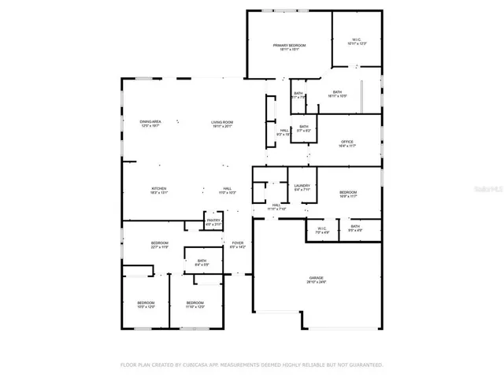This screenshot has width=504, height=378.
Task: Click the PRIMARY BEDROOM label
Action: click(x=289, y=46)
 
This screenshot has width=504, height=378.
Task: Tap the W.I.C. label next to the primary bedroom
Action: click(x=357, y=39)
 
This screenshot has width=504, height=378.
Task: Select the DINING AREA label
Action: click(x=150, y=121)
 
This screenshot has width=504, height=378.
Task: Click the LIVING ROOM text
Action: click(x=222, y=121)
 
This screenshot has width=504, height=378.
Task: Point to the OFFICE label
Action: click(x=347, y=142)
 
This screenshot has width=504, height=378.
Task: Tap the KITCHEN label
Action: click(x=159, y=189)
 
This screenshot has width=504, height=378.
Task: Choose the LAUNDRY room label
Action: click(x=302, y=186)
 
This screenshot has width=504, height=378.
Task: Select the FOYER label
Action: click(x=237, y=243)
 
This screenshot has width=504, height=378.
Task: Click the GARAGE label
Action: click(x=317, y=278)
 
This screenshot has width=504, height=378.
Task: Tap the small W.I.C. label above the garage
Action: click(x=321, y=228)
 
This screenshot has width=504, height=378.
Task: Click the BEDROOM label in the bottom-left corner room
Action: click(x=146, y=302)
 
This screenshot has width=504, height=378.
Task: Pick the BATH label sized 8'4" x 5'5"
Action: click(x=202, y=261)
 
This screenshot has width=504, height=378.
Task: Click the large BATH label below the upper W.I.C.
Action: click(x=337, y=92)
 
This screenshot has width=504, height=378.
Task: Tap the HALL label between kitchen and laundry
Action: click(x=226, y=189)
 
